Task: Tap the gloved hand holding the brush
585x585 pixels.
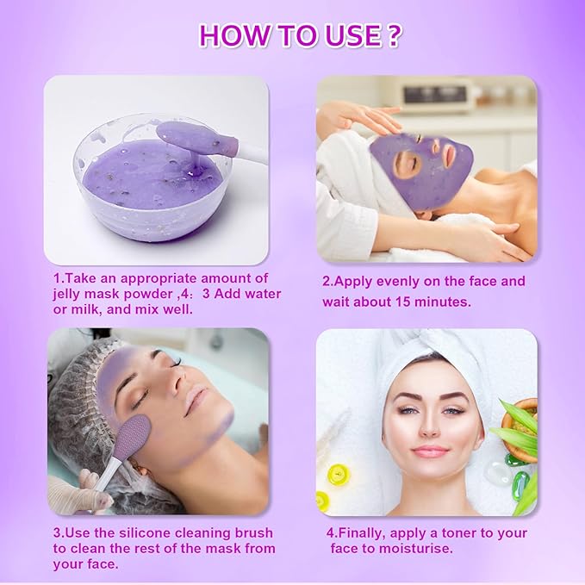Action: pos(78,491)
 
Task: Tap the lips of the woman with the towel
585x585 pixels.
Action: pos(431,451)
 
